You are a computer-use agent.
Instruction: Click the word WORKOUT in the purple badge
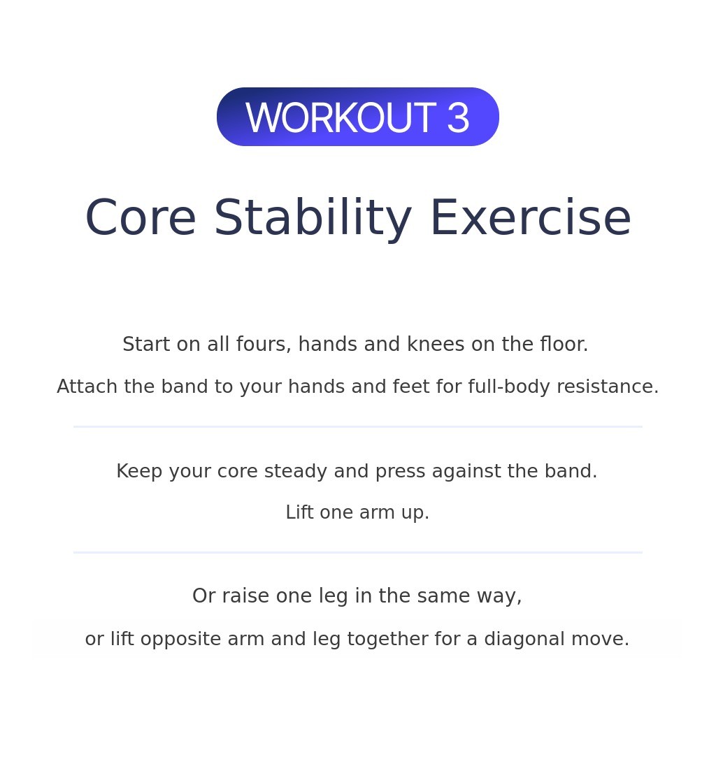click(x=341, y=117)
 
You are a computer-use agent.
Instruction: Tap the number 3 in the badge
click(x=458, y=117)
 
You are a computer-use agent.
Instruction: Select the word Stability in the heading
click(x=313, y=218)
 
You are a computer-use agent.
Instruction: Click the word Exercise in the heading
click(x=531, y=218)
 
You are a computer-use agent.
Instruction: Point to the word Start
click(x=146, y=344)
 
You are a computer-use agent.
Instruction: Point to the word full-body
click(x=509, y=387)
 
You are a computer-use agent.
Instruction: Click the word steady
click(x=296, y=471)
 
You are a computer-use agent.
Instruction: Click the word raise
click(x=245, y=596)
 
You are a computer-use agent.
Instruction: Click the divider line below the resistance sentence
click(x=358, y=427)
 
